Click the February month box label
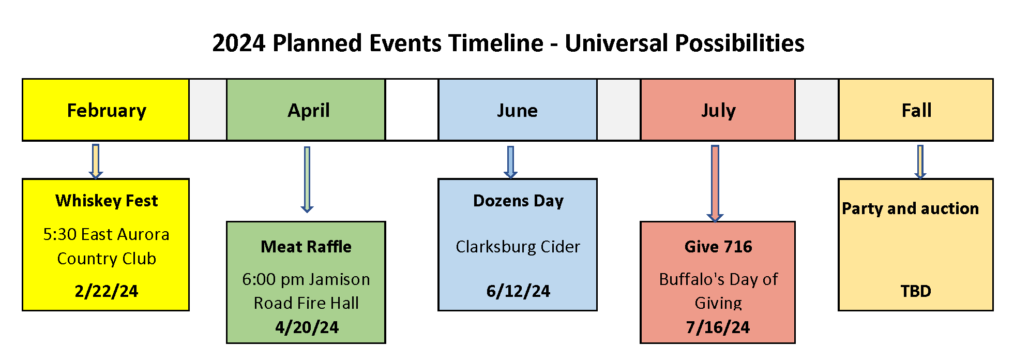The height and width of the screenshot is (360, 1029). point(107,110)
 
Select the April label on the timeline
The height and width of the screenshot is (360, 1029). point(308,110)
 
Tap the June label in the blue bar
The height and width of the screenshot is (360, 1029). point(517,110)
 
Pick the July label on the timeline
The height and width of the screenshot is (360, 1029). point(718,110)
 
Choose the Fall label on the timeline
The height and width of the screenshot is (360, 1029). point(916,110)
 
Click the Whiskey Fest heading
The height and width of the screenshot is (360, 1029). point(107,201)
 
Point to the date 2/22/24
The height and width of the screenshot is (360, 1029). point(107,291)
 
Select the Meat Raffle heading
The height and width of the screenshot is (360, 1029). point(306,247)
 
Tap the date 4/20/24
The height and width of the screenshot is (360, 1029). point(307,327)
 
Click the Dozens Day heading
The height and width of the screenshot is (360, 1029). point(518,201)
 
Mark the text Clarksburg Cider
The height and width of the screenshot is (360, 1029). point(518,247)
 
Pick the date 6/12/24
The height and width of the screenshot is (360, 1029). point(518,291)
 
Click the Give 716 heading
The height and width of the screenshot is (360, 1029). point(718,247)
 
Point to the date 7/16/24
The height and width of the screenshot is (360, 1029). point(718,327)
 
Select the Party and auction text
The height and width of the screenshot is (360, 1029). point(910,208)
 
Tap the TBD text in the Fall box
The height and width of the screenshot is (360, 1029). point(916,291)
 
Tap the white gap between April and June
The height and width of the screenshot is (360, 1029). point(412,110)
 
